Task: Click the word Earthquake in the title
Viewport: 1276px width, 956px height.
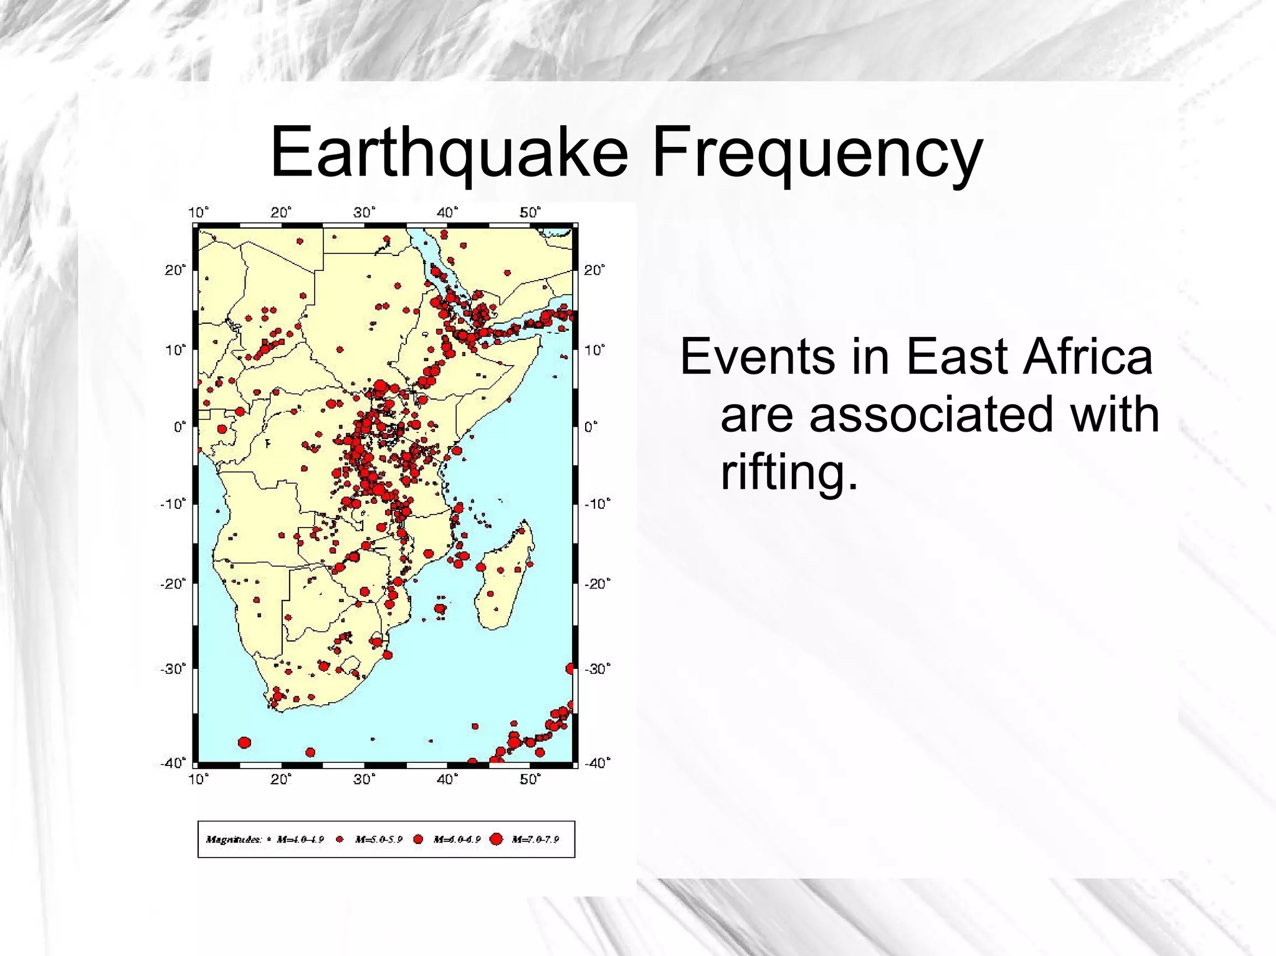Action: click(449, 153)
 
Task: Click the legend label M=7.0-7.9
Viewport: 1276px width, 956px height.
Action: click(535, 840)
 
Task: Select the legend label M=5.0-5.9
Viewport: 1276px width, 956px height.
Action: click(379, 840)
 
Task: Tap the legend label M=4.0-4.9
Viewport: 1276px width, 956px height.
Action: click(300, 840)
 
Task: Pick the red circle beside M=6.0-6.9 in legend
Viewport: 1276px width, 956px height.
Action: click(418, 840)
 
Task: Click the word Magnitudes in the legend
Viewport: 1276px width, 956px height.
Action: click(234, 840)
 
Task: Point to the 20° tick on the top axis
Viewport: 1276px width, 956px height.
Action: click(281, 212)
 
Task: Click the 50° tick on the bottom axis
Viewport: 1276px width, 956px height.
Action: click(530, 779)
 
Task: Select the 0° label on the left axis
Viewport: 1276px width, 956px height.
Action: click(179, 427)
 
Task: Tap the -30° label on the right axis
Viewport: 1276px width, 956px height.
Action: click(597, 669)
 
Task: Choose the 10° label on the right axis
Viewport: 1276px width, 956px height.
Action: click(594, 349)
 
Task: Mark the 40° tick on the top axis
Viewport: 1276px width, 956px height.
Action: click(447, 212)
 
